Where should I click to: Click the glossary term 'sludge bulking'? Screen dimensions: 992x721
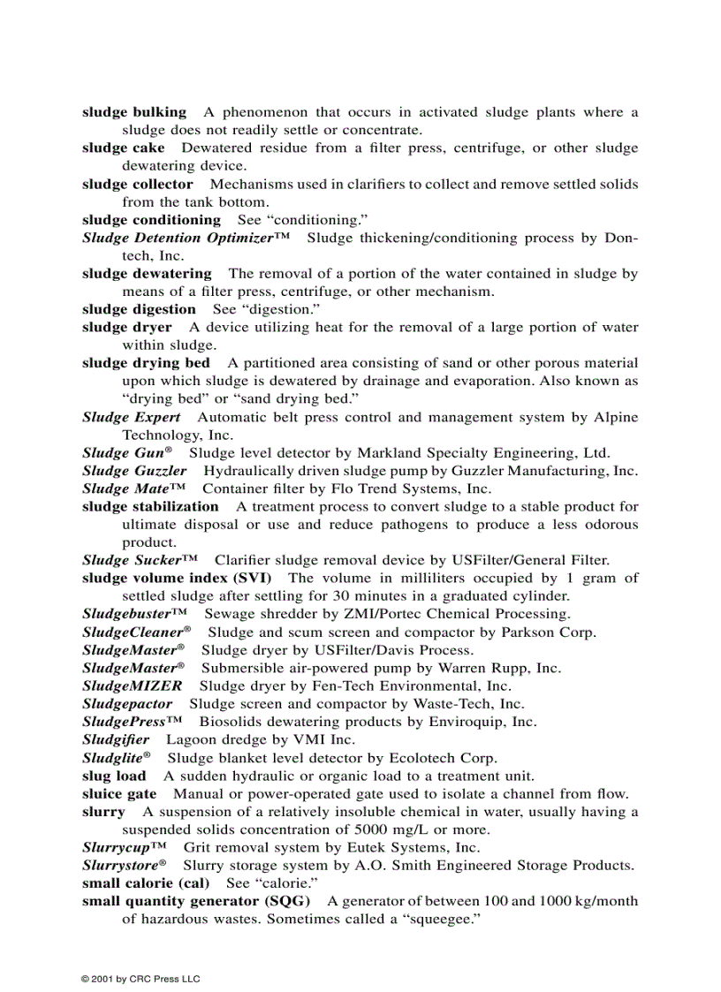(x=134, y=112)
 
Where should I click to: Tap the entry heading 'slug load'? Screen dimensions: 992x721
(x=114, y=776)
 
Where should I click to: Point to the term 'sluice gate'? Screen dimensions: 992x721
(x=119, y=794)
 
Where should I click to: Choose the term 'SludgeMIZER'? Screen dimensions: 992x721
(x=133, y=685)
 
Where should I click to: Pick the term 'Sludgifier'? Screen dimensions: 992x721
(x=116, y=739)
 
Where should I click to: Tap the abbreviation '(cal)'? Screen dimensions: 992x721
(x=194, y=883)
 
